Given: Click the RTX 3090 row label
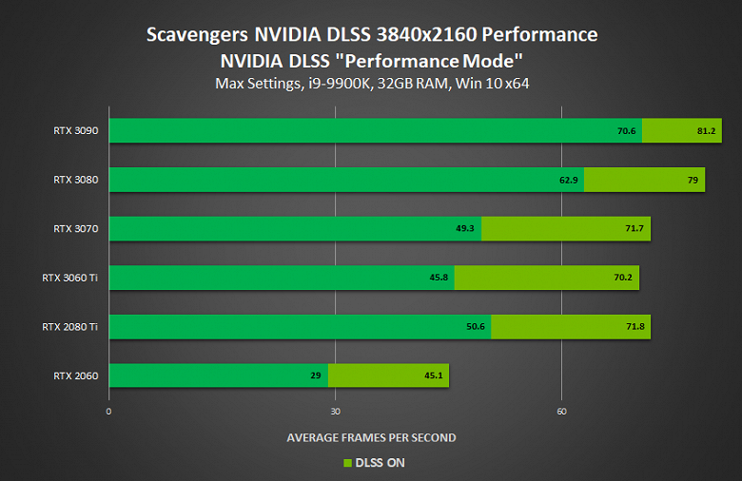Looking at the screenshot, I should coord(76,130).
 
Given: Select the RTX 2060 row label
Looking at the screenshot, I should coord(76,375).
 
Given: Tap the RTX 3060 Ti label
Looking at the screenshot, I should coord(70,278).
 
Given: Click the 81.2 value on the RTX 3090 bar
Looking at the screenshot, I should coord(706,130).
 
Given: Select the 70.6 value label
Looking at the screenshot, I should coord(626,130).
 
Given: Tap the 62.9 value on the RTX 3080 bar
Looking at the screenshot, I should coord(568,180).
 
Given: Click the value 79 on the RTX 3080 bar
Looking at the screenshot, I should coord(693,180).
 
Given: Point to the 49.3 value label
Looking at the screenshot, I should coord(465,229).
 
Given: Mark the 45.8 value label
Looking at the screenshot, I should coord(438,278).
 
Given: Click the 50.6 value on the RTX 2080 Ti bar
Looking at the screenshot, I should coord(476,327).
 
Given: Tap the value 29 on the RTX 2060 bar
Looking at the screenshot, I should coord(315,375).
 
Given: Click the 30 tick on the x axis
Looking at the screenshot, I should coord(335,411).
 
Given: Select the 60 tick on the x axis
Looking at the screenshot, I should coord(561,411).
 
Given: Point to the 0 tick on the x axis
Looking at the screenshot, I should coord(109,411).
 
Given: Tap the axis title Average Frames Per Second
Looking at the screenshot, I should coord(371,437).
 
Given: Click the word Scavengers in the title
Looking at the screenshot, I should coord(198,35).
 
